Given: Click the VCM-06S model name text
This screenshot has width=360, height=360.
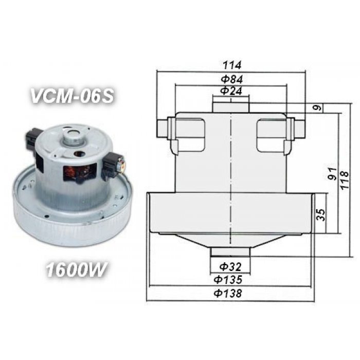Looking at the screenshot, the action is (72, 96).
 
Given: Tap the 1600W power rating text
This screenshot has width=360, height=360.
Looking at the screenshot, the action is (76, 269).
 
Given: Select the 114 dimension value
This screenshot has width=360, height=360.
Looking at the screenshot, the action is (232, 65).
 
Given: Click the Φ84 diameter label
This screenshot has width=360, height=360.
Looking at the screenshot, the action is (232, 79).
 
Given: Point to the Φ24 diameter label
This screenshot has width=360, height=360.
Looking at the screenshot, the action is (231, 91).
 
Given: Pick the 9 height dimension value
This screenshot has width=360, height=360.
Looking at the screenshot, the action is (317, 107).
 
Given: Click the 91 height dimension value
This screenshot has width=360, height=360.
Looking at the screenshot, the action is (332, 174).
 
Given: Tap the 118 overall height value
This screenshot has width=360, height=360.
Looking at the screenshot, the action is (345, 180).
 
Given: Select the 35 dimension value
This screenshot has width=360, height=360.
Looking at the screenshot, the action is (321, 214).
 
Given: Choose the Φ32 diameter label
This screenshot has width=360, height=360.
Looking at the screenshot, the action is (230, 267).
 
